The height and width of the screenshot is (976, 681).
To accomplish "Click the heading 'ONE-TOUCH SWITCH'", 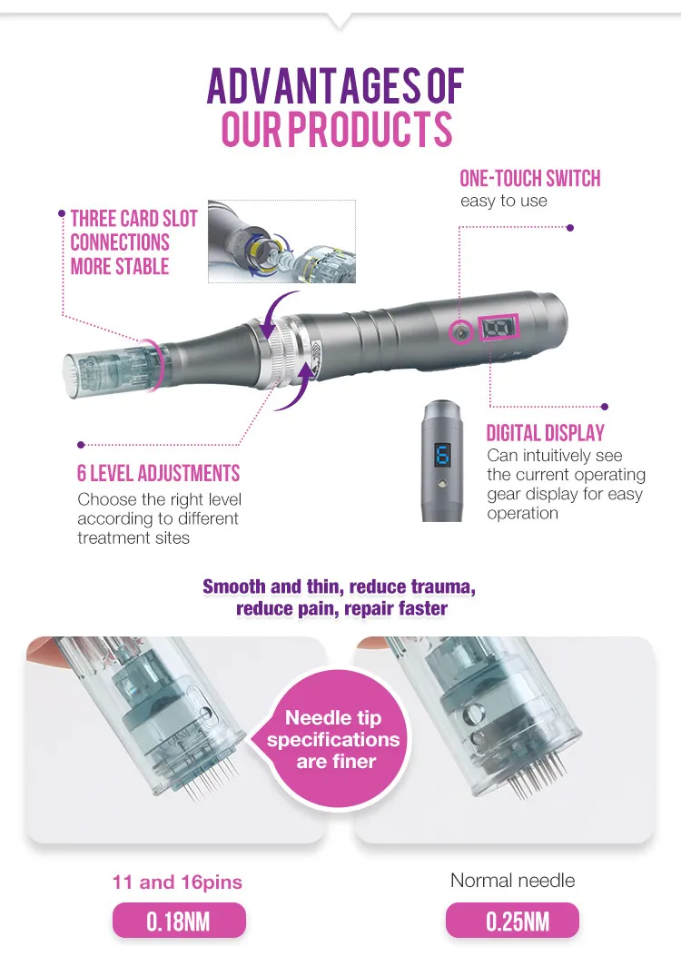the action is tap(529, 179).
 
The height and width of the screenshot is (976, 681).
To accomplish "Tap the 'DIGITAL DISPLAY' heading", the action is tap(546, 433).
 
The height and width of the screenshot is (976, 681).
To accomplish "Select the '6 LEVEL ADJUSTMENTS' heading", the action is tap(158, 473).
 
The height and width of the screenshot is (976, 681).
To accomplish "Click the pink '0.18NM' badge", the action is tap(179, 922).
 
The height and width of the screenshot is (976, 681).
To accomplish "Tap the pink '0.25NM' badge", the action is tap(512, 922).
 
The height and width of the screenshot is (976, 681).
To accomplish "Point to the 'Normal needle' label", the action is tap(512, 880).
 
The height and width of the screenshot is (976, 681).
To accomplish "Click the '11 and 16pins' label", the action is tap(177, 882).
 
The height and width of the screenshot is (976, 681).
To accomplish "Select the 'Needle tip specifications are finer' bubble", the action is tap(335, 739).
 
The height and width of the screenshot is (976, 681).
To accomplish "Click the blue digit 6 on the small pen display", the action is tap(442, 455).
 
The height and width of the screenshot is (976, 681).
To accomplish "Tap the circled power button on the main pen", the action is tap(461, 331).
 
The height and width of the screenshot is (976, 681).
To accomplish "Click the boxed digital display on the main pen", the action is tap(498, 328).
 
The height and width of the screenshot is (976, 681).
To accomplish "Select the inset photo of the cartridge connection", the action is tap(282, 242).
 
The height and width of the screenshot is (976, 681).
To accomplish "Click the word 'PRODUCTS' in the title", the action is tap(370, 129).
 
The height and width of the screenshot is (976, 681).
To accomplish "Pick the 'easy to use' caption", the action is tap(504, 201).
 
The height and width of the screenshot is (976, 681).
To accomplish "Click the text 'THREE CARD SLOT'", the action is tap(133, 219).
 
